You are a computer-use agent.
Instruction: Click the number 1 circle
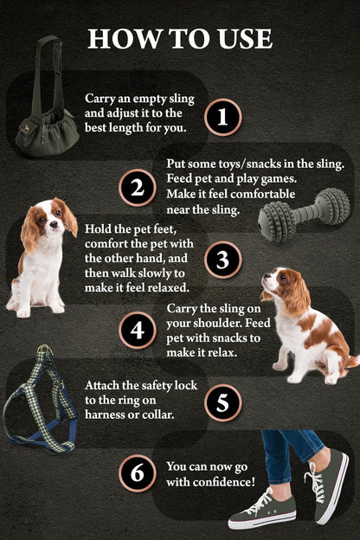222,117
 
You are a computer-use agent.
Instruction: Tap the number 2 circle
137,188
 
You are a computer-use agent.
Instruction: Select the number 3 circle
222,259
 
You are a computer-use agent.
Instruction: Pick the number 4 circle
137,330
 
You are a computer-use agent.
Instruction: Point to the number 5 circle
222,402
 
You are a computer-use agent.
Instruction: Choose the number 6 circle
137,472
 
